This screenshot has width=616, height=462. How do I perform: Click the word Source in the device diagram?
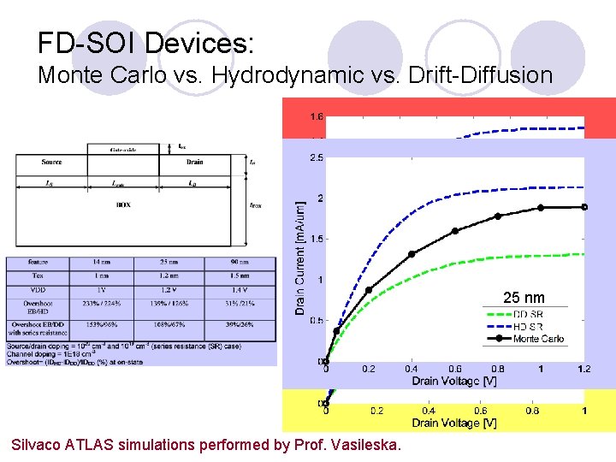pyautogui.click(x=51, y=162)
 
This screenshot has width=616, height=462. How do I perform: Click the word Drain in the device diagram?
pyautogui.click(x=193, y=162)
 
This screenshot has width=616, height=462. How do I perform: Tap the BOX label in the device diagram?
pyautogui.click(x=124, y=204)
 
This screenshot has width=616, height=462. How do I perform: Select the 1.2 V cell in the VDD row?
pyautogui.click(x=181, y=289)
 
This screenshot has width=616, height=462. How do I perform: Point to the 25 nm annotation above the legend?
pyautogui.click(x=524, y=298)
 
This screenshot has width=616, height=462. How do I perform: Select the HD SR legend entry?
pyautogui.click(x=528, y=327)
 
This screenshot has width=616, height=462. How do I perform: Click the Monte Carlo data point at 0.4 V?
pyautogui.click(x=412, y=253)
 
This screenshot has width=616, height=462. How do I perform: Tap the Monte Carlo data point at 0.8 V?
pyautogui.click(x=498, y=216)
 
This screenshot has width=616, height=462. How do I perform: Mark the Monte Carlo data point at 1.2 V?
pyautogui.click(x=584, y=207)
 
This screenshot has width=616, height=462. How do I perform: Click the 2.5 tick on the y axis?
pyautogui.click(x=316, y=158)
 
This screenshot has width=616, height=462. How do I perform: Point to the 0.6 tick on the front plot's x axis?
pyautogui.click(x=454, y=369)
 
